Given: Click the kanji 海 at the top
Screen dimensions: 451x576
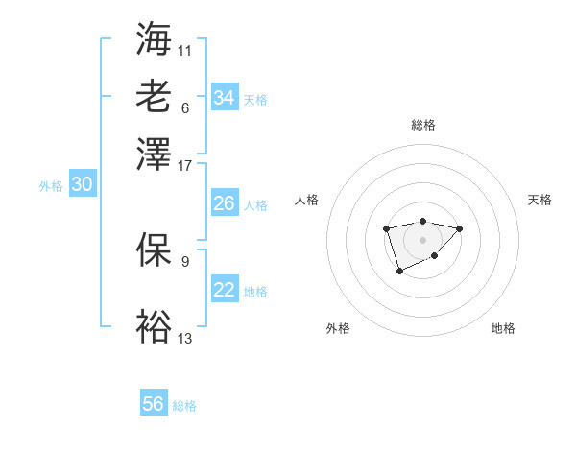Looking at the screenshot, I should (154, 39).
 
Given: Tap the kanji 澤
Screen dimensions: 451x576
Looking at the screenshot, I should (154, 153).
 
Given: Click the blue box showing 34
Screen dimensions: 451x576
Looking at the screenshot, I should (224, 98).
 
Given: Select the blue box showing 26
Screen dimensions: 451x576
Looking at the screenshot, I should (224, 203).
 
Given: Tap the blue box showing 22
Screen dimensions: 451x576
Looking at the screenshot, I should (224, 290).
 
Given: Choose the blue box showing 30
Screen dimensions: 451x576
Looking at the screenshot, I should (82, 185).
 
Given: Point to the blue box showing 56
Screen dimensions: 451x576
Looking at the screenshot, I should (154, 404).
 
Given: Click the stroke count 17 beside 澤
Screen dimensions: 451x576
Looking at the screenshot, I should (185, 165).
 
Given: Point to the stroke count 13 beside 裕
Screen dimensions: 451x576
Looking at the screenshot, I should (185, 338).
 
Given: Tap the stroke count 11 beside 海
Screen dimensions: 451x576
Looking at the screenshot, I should (185, 50).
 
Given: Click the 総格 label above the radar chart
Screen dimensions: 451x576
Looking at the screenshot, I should (423, 125).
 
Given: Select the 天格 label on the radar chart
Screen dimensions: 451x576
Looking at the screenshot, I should (540, 200).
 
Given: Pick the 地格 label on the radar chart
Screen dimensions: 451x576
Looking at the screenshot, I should (503, 328).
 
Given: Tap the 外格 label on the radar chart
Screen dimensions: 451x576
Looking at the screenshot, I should (338, 328).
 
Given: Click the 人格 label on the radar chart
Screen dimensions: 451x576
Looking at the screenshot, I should (307, 200).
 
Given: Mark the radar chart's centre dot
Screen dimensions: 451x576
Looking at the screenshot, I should (422, 239).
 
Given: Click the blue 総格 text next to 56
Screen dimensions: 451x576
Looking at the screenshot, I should (184, 406).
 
